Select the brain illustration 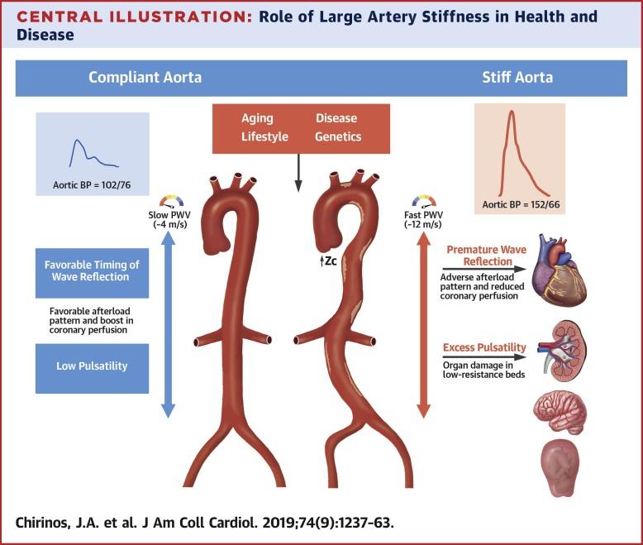tap(560, 413)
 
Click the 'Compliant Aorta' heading tap(145, 78)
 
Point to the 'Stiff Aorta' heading tap(517, 78)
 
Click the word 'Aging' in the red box tap(257, 118)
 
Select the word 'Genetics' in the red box tap(338, 136)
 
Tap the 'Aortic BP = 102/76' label tap(92, 185)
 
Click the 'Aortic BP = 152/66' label tap(521, 204)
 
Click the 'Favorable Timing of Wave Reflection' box tap(92, 273)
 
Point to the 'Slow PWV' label tap(169, 215)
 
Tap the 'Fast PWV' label tap(423, 215)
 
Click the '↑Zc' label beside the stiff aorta tap(328, 261)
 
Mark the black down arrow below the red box tap(298, 173)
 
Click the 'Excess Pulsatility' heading tap(484, 347)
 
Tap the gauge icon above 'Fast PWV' tap(424, 201)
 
